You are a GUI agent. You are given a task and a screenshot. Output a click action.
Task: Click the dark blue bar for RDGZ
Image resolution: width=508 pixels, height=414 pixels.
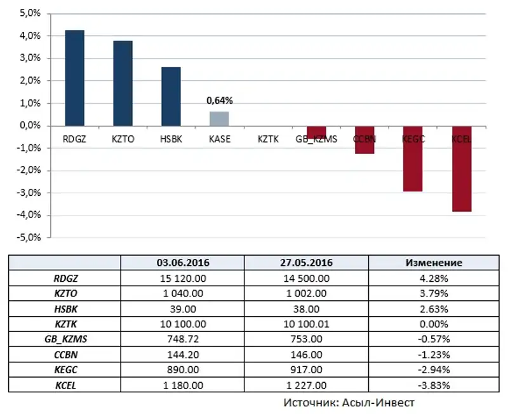(75, 78)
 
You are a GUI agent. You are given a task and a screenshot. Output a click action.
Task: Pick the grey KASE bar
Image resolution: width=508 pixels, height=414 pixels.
(219, 119)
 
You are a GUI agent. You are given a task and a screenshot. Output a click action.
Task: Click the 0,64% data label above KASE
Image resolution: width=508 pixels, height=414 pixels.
(220, 100)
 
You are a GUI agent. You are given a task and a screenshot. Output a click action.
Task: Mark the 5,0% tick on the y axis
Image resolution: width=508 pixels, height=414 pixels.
(30, 14)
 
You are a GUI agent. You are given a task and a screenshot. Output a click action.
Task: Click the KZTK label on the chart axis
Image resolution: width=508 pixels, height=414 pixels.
(267, 138)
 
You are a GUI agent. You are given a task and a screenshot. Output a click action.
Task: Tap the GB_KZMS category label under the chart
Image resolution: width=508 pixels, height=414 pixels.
(316, 138)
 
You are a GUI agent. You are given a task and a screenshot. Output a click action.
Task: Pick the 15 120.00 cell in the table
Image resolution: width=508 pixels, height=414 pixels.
(183, 278)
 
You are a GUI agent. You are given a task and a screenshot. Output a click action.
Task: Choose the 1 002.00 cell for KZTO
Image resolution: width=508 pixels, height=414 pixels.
(307, 293)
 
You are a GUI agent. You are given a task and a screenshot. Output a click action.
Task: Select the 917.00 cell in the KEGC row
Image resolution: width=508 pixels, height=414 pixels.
(307, 369)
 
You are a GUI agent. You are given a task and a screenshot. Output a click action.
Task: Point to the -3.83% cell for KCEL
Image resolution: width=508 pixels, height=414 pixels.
(434, 385)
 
